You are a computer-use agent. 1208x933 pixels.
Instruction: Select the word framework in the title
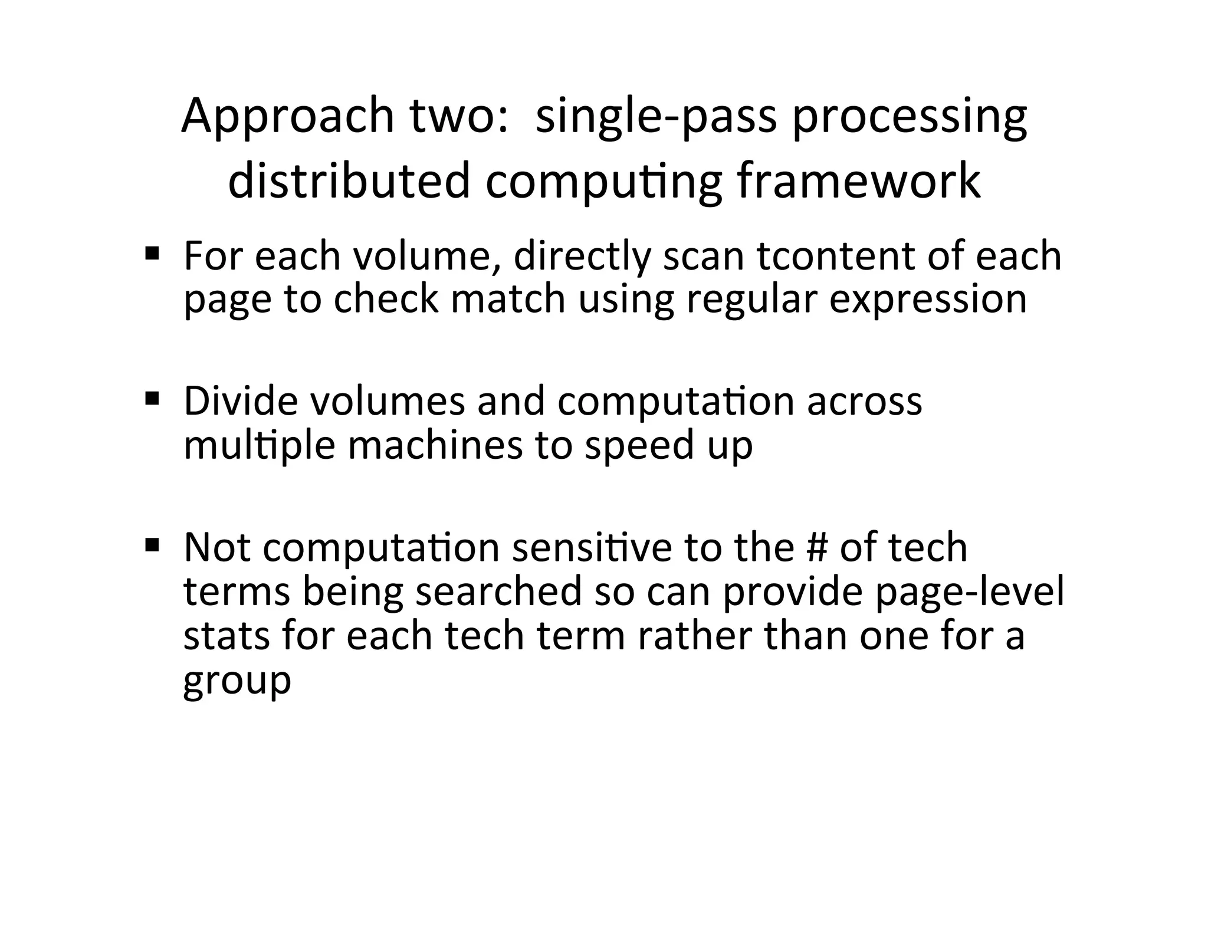[858, 181]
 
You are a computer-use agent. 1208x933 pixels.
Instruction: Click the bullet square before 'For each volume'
[152, 255]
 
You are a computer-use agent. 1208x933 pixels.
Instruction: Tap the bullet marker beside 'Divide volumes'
[152, 400]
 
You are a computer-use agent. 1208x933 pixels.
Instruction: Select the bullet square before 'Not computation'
[152, 546]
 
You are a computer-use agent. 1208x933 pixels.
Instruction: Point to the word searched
[498, 591]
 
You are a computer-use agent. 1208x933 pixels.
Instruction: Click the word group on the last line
[237, 679]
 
